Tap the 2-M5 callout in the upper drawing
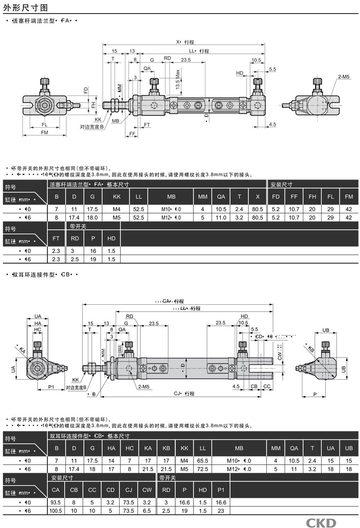click(344, 77)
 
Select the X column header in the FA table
click(257, 197)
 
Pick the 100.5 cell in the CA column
click(56, 511)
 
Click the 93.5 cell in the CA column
click(56, 502)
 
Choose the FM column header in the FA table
click(348, 197)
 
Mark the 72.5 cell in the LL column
click(203, 469)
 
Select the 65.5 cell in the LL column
click(203, 461)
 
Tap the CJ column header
click(129, 490)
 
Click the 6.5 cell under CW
click(147, 511)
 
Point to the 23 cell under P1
click(220, 511)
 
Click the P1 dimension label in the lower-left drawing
click(52, 387)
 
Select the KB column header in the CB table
click(166, 448)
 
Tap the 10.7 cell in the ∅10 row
click(294, 209)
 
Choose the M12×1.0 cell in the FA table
click(171, 217)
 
